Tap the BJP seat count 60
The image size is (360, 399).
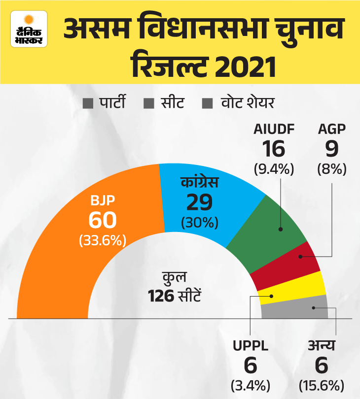point(103,220)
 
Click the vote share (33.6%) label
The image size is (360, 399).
point(103,241)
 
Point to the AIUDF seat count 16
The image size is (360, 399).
point(274,149)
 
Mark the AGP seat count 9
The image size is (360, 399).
point(331,149)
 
